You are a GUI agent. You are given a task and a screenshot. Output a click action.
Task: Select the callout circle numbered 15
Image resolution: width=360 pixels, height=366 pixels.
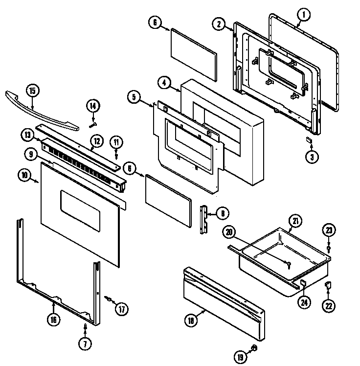[32, 91]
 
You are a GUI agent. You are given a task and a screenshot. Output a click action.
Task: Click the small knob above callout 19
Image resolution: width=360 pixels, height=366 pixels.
[254, 347]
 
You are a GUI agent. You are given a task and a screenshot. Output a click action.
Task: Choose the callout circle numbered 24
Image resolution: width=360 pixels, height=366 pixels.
[305, 302]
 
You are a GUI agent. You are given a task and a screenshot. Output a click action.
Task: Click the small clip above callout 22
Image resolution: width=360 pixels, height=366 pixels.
[329, 285]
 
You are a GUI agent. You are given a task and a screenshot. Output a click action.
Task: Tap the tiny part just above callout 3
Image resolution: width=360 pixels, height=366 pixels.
[309, 140]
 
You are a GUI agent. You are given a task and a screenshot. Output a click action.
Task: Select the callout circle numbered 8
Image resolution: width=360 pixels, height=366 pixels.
[222, 213]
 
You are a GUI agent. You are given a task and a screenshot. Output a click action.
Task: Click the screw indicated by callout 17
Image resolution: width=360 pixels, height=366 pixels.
[107, 299]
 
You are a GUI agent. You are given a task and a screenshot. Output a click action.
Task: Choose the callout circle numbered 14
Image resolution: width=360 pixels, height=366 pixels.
[93, 105]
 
